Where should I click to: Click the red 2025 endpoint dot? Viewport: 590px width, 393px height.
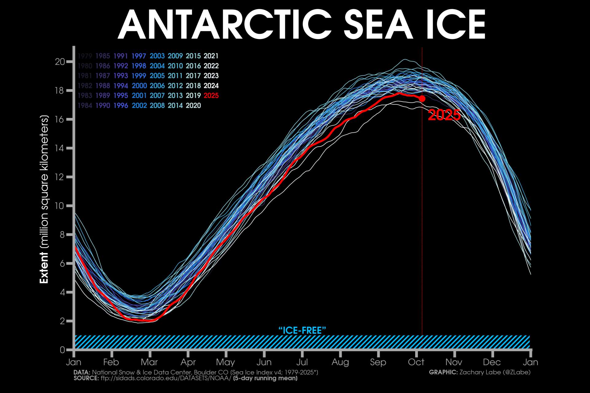coord(422,99)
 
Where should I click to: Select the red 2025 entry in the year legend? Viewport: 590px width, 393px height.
coord(211,95)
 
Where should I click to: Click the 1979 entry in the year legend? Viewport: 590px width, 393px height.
coord(85,56)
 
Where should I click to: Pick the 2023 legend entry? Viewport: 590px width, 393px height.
coord(211,76)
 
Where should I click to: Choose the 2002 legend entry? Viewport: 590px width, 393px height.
coord(139,106)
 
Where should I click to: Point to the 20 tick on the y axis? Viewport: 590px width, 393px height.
coord(60,62)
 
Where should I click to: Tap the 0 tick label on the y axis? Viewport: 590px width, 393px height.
coord(63,350)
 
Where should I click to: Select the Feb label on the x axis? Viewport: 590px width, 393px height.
coord(111,362)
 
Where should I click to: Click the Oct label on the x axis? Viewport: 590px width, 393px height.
coord(416,362)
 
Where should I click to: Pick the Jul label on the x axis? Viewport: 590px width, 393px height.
coord(302,362)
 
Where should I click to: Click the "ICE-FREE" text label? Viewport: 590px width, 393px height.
coord(302,330)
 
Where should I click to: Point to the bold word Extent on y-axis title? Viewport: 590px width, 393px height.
coord(44,268)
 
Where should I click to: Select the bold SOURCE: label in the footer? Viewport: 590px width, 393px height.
coord(86,378)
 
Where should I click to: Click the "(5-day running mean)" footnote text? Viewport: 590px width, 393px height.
coord(265,378)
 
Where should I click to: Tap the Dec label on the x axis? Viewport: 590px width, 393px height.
coord(492,362)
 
